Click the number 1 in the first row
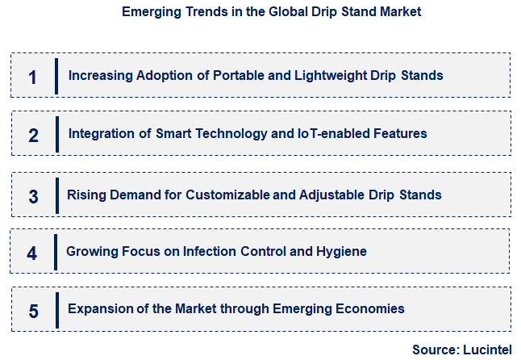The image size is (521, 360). coord(32,77)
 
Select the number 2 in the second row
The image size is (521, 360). coord(33,135)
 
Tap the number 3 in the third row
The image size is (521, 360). coord(33,196)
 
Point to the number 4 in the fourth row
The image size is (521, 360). coord(32,253)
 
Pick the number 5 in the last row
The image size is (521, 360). coord(33,310)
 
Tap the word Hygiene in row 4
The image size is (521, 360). coord(343,252)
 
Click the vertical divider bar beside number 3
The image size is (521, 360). coord(56,195)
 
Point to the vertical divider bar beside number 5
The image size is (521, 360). coord(56,310)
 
